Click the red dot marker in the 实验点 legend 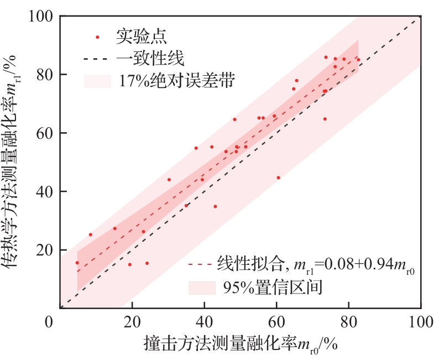97,37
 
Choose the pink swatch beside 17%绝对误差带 98,81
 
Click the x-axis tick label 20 132,322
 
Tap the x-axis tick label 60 276,322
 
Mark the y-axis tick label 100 40,17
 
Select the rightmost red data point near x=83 358,60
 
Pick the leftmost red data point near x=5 77,263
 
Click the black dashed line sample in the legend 97,58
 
